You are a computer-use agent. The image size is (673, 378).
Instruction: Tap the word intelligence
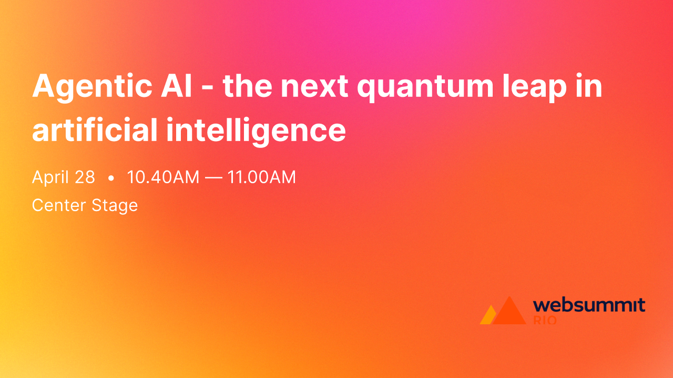(x=256, y=131)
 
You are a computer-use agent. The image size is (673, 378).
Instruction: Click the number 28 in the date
(x=85, y=177)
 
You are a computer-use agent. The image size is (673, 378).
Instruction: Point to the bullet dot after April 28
(x=111, y=178)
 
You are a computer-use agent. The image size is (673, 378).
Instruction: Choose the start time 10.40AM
(x=163, y=177)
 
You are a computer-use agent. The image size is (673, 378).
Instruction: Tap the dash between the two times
(x=213, y=178)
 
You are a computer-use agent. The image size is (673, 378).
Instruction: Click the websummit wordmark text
(x=589, y=305)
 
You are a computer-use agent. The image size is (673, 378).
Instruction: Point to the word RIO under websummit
(x=545, y=320)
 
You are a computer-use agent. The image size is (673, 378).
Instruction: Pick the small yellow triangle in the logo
(x=487, y=316)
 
